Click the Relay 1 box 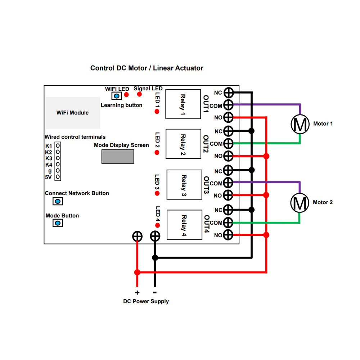point(183,104)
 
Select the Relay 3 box point(184,185)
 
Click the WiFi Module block point(73,113)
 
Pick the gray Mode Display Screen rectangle point(118,157)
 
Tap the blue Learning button point(117,96)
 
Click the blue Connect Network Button point(58,201)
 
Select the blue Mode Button point(58,223)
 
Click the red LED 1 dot point(157,112)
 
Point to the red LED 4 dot point(157,225)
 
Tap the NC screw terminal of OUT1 point(229,93)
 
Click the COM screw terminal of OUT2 point(228,144)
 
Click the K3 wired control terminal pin point(58,158)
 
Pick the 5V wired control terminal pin point(58,177)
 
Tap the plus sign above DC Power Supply point(137,292)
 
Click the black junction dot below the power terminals point(155,258)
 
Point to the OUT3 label point(206,185)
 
